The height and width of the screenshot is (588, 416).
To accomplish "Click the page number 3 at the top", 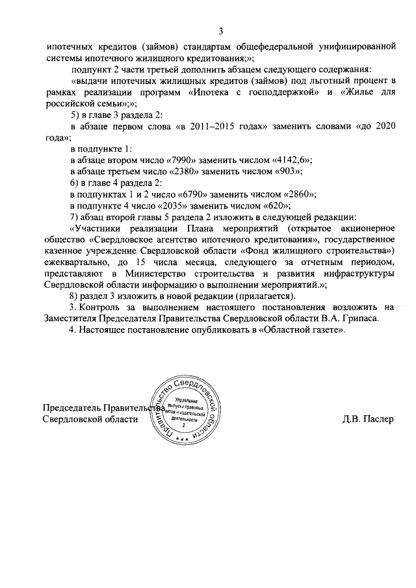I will point(221,31).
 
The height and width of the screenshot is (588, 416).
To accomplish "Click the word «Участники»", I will point(97,228).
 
